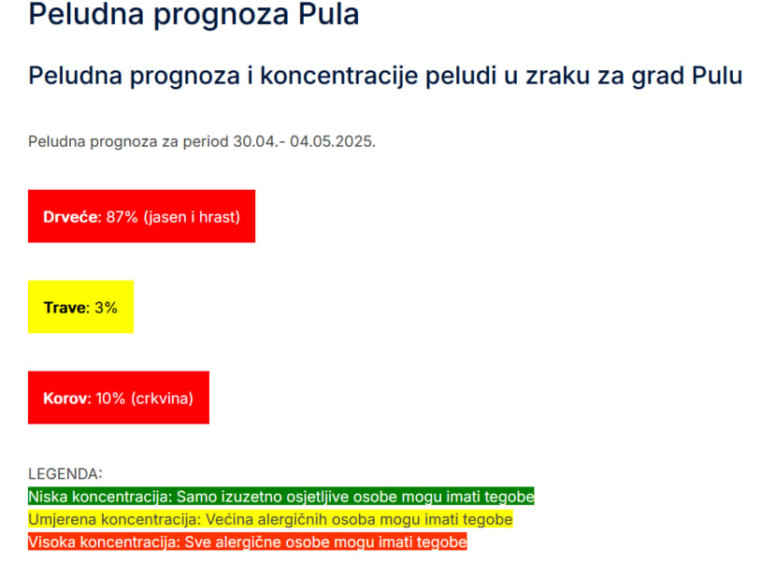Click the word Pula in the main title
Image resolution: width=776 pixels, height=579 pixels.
point(328,14)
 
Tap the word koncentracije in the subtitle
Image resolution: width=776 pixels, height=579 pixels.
point(340,77)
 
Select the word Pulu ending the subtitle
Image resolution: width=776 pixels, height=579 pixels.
point(717,76)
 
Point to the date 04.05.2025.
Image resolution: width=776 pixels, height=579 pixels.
point(333,141)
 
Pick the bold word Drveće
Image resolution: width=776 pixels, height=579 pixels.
point(72,217)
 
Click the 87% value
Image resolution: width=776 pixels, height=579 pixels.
point(122,217)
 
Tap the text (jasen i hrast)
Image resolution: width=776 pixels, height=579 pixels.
point(192,217)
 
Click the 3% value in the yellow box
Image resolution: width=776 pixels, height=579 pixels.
point(106,308)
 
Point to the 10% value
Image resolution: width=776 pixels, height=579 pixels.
point(110,398)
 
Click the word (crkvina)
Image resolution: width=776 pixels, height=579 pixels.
point(163,398)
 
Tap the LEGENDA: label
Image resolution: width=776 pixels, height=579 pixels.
point(65,474)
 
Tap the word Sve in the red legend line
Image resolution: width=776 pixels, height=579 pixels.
point(196,542)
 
